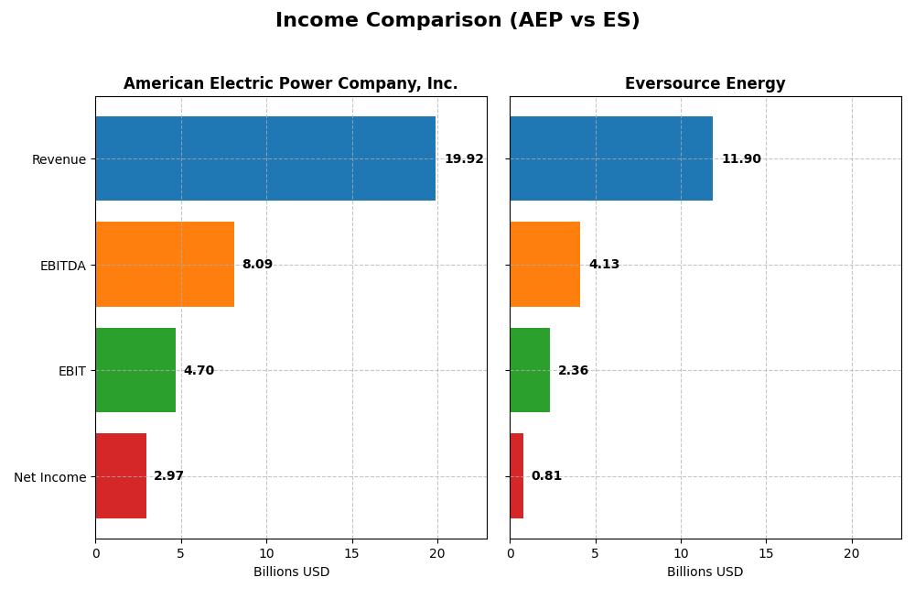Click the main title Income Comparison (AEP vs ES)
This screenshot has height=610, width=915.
[457, 20]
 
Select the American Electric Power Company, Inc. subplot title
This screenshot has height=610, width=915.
[290, 84]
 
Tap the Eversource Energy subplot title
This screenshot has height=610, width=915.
[705, 84]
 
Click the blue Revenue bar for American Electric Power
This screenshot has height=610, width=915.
[265, 158]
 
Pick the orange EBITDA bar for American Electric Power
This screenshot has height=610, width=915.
[165, 265]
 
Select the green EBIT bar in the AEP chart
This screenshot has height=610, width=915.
[135, 370]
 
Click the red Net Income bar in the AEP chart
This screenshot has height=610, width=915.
[121, 476]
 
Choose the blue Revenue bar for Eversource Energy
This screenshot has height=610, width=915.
[611, 158]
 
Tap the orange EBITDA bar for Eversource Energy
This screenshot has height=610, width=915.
[544, 265]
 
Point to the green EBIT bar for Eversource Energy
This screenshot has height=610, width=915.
[530, 370]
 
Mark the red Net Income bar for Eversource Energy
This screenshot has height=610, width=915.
[517, 476]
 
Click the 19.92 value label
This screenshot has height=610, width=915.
[464, 159]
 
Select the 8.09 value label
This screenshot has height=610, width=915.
[257, 265]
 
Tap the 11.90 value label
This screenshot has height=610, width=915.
[741, 159]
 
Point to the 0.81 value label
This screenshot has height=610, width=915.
[546, 476]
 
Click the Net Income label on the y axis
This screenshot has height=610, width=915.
[50, 477]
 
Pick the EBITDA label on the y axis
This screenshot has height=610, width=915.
[63, 266]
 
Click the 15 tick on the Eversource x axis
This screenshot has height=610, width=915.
[766, 553]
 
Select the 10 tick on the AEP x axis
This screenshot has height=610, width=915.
[266, 553]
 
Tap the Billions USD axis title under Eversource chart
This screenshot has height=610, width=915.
[705, 572]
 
